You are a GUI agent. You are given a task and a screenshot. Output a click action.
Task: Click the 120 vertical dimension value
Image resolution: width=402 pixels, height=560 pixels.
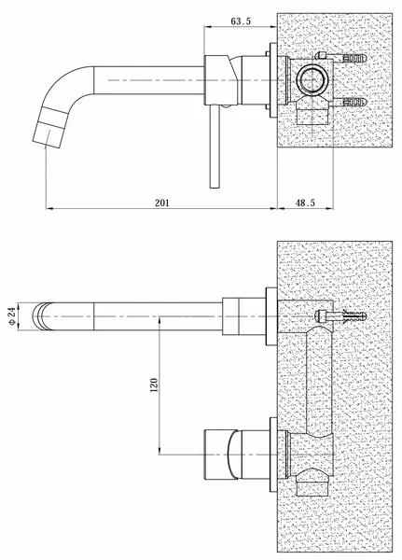pos(152,385)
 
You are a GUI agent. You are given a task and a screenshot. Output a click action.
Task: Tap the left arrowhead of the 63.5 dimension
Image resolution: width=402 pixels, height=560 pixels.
pos(207,29)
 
